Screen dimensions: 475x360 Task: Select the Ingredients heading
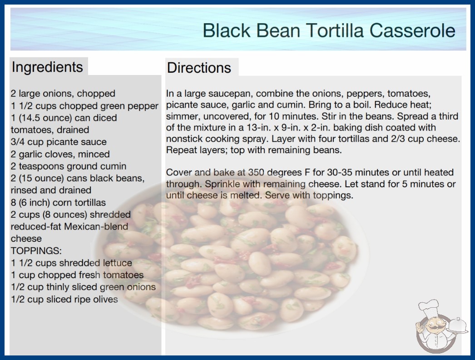[47, 67]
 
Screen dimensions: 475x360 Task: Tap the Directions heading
[199, 68]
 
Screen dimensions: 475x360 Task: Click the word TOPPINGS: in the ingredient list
[36, 251]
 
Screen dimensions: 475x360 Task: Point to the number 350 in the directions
[256, 172]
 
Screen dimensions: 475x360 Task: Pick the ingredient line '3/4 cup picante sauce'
[59, 142]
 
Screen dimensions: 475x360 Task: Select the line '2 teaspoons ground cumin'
[69, 166]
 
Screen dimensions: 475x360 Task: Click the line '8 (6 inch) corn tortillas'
[58, 202]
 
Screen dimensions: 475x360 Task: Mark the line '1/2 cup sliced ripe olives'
[64, 300]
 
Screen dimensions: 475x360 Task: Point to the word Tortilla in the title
[335, 30]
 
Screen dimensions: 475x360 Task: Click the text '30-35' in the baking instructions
[339, 172]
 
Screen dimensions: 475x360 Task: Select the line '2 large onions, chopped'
[63, 94]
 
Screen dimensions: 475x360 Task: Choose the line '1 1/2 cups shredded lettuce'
[71, 263]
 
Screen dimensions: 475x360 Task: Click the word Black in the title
[227, 30]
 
